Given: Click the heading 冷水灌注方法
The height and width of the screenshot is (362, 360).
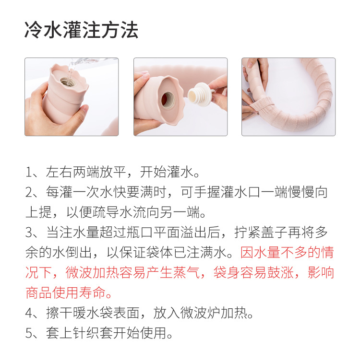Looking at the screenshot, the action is [x=81, y=30].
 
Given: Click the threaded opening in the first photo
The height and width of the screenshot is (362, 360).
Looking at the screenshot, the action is [x=67, y=82].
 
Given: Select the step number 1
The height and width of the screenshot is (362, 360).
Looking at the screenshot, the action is [x=29, y=172].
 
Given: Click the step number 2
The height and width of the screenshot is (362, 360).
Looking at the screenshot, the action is [x=29, y=192].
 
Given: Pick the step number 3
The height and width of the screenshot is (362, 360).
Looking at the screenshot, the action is [x=29, y=233].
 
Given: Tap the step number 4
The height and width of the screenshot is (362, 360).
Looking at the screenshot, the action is [x=29, y=313].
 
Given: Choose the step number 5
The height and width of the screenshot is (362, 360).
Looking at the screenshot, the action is [x=29, y=333].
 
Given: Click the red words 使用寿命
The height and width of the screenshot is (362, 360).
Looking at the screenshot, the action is [x=79, y=293].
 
